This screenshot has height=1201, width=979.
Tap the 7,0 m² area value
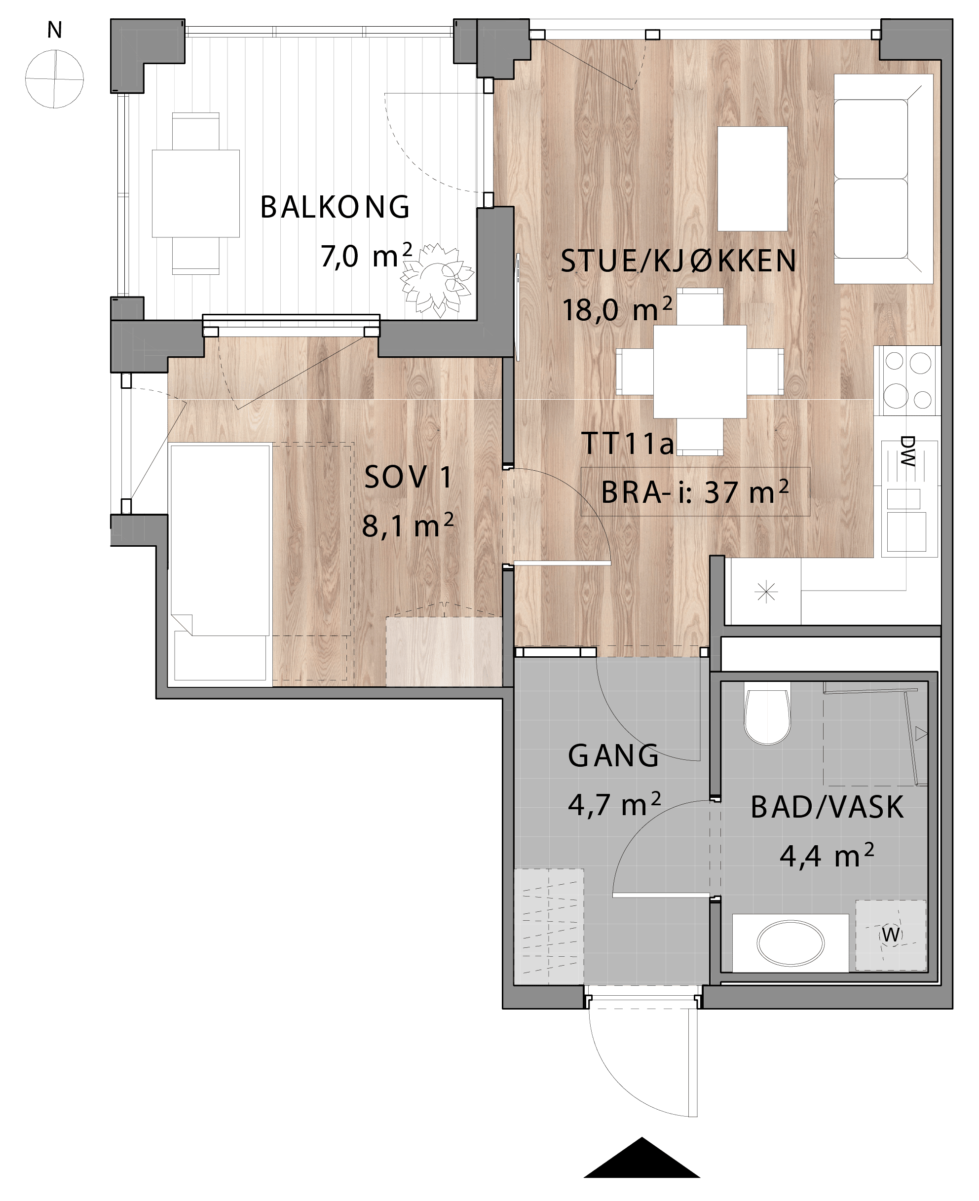[x=367, y=256]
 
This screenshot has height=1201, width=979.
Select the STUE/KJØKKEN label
[x=678, y=261]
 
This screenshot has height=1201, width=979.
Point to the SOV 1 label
[x=408, y=477]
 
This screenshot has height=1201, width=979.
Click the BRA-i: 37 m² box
[x=695, y=491]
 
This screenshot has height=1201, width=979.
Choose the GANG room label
[x=613, y=756]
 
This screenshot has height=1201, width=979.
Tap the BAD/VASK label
[x=827, y=807]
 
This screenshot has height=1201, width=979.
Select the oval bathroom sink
[x=790, y=943]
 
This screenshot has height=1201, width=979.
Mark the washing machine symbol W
[x=891, y=935]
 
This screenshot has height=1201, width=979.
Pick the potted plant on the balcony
[x=437, y=279]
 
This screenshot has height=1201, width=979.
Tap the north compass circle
[x=55, y=78]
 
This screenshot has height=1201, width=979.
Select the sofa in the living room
[x=883, y=178]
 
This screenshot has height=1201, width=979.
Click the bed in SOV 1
[x=220, y=563]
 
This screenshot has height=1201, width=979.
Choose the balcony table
[x=196, y=193]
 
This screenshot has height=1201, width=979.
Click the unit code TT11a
[x=627, y=443]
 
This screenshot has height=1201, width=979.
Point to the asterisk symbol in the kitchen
[x=766, y=593]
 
